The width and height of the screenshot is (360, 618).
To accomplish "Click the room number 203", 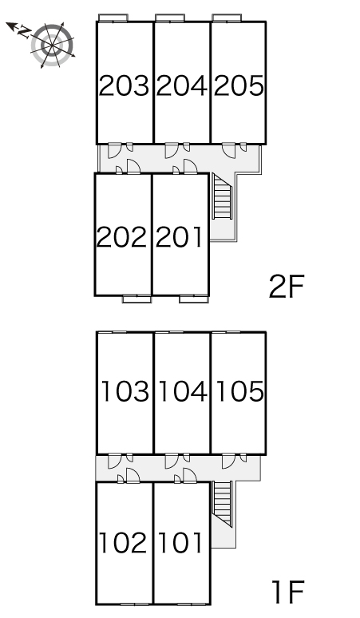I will coord(125,85).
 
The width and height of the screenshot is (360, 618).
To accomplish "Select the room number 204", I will coord(181,85).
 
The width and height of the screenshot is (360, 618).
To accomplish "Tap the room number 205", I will coord(238,85).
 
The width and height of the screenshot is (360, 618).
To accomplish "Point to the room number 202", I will coord(122,236).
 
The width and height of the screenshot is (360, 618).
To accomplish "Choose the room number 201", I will coord(180,236).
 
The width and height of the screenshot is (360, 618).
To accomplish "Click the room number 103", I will coord(126,392).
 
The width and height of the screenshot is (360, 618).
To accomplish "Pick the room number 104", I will coord(181,392).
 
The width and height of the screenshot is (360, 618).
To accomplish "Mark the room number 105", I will coord(238,392).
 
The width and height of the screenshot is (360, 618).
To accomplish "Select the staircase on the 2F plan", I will coord(221,197).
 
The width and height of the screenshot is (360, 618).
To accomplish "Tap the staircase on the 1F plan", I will coord(221,505).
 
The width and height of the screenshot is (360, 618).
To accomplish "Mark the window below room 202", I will coord(136,299).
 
